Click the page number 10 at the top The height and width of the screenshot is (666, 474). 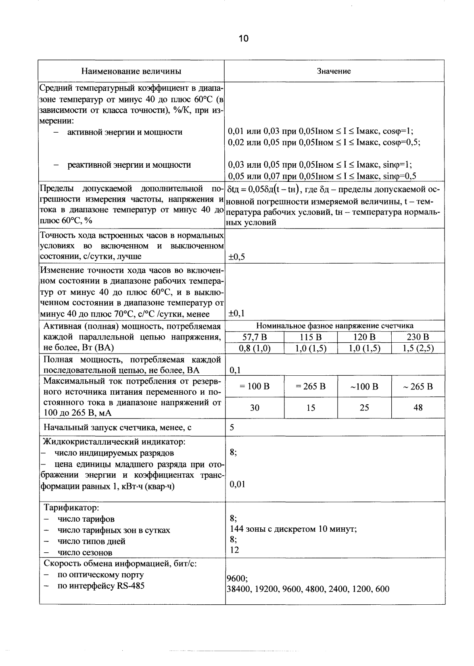point(244,39)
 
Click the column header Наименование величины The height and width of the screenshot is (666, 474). point(131,71)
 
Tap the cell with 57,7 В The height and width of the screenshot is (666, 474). point(255,337)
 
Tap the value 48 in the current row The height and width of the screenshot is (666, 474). point(418,408)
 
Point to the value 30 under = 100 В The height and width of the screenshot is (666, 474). point(255,408)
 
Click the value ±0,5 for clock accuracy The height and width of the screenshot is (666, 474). point(236,257)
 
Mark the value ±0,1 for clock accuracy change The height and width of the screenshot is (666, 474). point(236,314)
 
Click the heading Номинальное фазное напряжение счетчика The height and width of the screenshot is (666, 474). point(334,326)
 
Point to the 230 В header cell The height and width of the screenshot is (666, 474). point(418,337)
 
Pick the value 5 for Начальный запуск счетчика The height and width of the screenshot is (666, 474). point(232,427)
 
